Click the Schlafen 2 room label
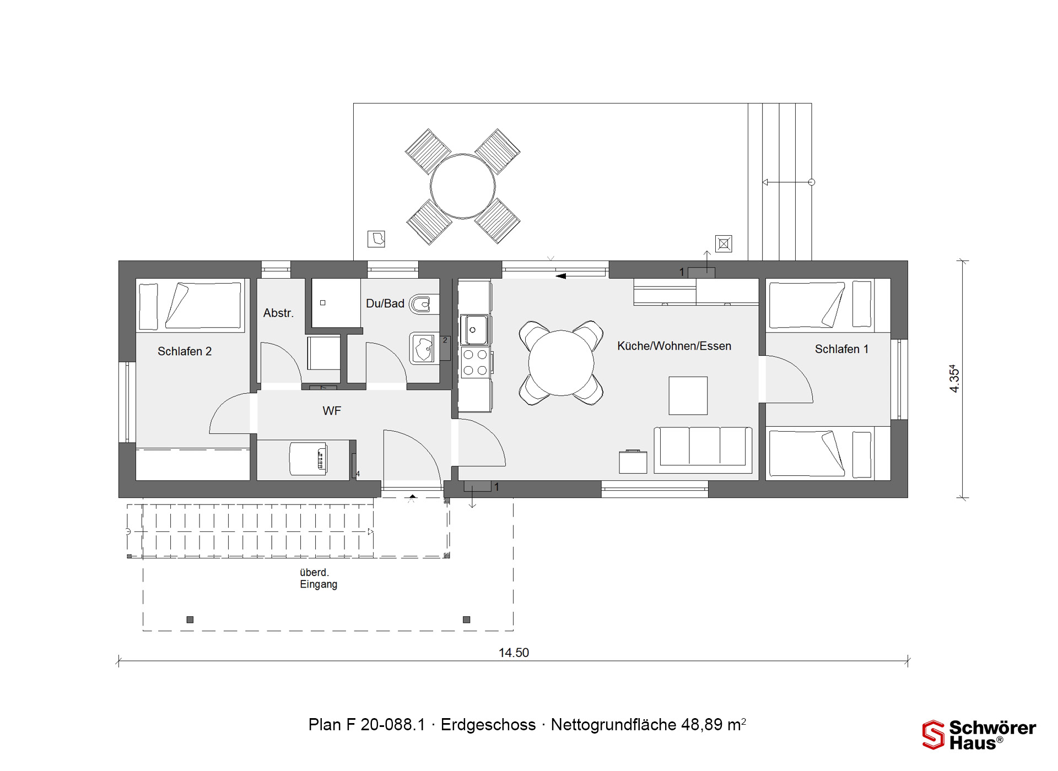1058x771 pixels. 185,351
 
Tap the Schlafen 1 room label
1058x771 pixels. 841,349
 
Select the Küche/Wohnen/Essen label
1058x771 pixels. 674,346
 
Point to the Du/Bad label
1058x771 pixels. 385,303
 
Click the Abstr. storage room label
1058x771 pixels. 278,313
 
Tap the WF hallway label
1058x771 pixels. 332,411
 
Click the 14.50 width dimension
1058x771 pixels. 514,653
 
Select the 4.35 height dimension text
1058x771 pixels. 954,379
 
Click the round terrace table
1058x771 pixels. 463,186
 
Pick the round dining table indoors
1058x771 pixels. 561,363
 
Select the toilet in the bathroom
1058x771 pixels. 424,304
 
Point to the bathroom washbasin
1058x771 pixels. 423,349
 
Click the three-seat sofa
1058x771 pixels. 703,450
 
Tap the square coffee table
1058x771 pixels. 688,395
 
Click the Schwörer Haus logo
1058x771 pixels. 979,735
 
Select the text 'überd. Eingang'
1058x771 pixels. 319,578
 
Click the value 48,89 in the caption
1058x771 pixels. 701,725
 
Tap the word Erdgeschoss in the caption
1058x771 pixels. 488,725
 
